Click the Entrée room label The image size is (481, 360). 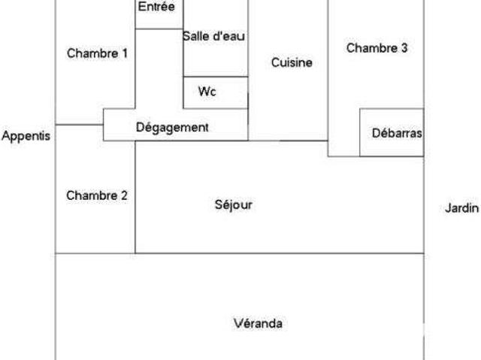click(156, 7)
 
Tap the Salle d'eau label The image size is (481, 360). click(213, 36)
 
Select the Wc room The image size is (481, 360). click(216, 92)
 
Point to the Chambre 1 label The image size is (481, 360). click(97, 53)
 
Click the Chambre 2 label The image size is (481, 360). click(97, 195)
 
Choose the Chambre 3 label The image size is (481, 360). click(377, 48)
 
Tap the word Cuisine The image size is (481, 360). click(292, 62)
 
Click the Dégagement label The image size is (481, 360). click(172, 128)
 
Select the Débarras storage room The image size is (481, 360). click(392, 132)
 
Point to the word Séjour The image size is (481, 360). click(234, 205)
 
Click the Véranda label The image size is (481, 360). click(258, 323)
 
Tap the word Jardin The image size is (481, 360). click(461, 208)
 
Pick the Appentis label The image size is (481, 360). click(26, 136)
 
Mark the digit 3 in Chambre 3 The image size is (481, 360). click(404, 48)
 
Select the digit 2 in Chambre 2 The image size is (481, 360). click(124, 195)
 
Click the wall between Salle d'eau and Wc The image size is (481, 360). click(216, 77)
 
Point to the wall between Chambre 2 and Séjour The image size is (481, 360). click(135, 197)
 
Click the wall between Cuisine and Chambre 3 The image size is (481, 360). click(328, 70)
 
